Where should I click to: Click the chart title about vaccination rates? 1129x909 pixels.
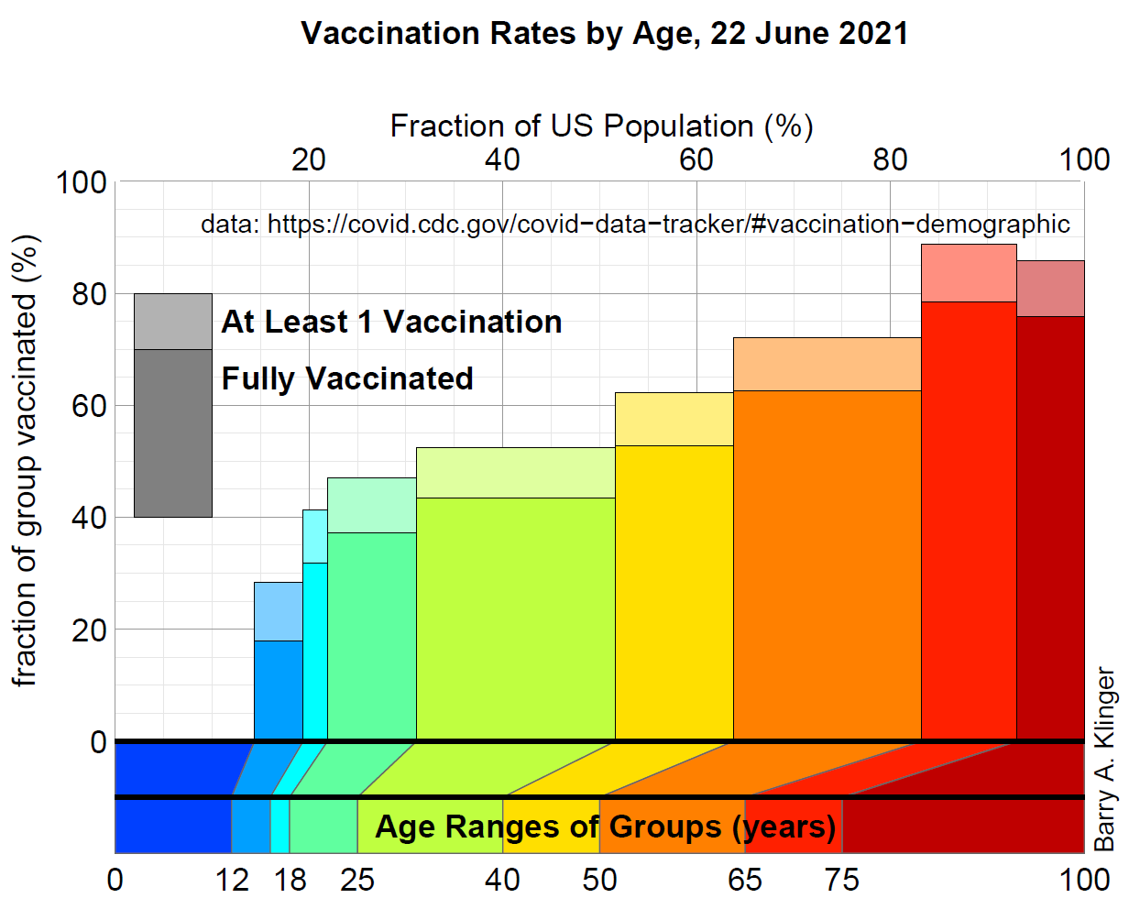(605, 34)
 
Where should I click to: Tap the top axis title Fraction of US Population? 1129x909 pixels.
(601, 126)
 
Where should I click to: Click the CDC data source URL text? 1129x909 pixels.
(635, 224)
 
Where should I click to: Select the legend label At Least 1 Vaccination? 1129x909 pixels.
(391, 322)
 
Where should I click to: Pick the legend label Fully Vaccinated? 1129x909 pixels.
(347, 378)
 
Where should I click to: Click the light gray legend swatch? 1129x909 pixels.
(173, 322)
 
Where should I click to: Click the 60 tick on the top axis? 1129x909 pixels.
(696, 159)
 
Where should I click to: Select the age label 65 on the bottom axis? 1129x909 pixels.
(744, 881)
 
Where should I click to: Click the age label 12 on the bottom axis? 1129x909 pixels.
(232, 881)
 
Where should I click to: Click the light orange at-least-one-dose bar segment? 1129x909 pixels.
(827, 364)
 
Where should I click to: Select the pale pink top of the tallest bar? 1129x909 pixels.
(969, 273)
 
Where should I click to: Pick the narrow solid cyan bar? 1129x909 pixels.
(315, 651)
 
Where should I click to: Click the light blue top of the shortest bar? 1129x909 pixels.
(279, 611)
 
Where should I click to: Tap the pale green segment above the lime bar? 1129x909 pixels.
(515, 473)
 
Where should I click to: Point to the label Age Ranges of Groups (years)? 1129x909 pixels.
(605, 827)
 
